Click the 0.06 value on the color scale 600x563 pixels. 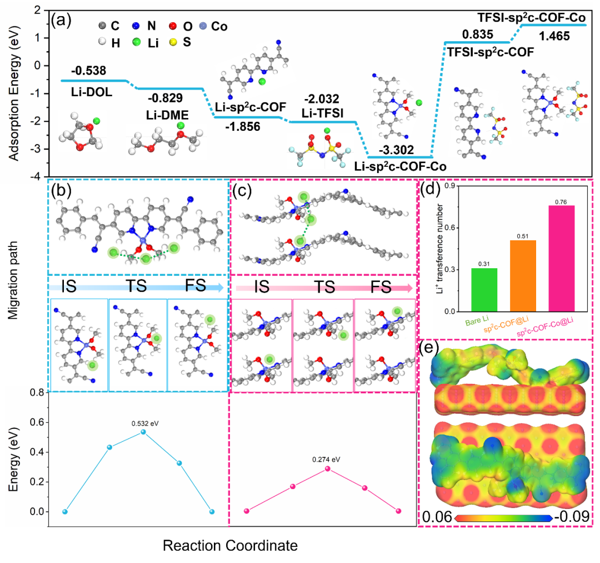click(x=437, y=517)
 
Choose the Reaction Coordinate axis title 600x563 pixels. click(x=230, y=546)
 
